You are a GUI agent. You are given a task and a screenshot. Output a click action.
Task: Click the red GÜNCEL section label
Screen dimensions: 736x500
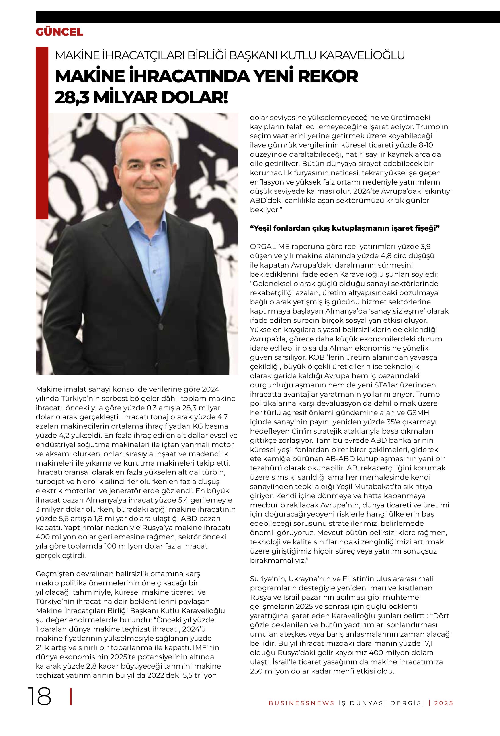tap(59, 32)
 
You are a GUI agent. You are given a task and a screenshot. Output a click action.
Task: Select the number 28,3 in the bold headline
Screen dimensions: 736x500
tap(72, 97)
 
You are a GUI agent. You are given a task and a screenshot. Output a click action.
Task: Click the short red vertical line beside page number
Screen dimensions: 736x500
tap(71, 696)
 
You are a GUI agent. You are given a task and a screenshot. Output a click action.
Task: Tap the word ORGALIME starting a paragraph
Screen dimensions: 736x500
tap(270, 246)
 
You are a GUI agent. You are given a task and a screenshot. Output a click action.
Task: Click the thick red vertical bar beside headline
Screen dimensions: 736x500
tap(42, 133)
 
